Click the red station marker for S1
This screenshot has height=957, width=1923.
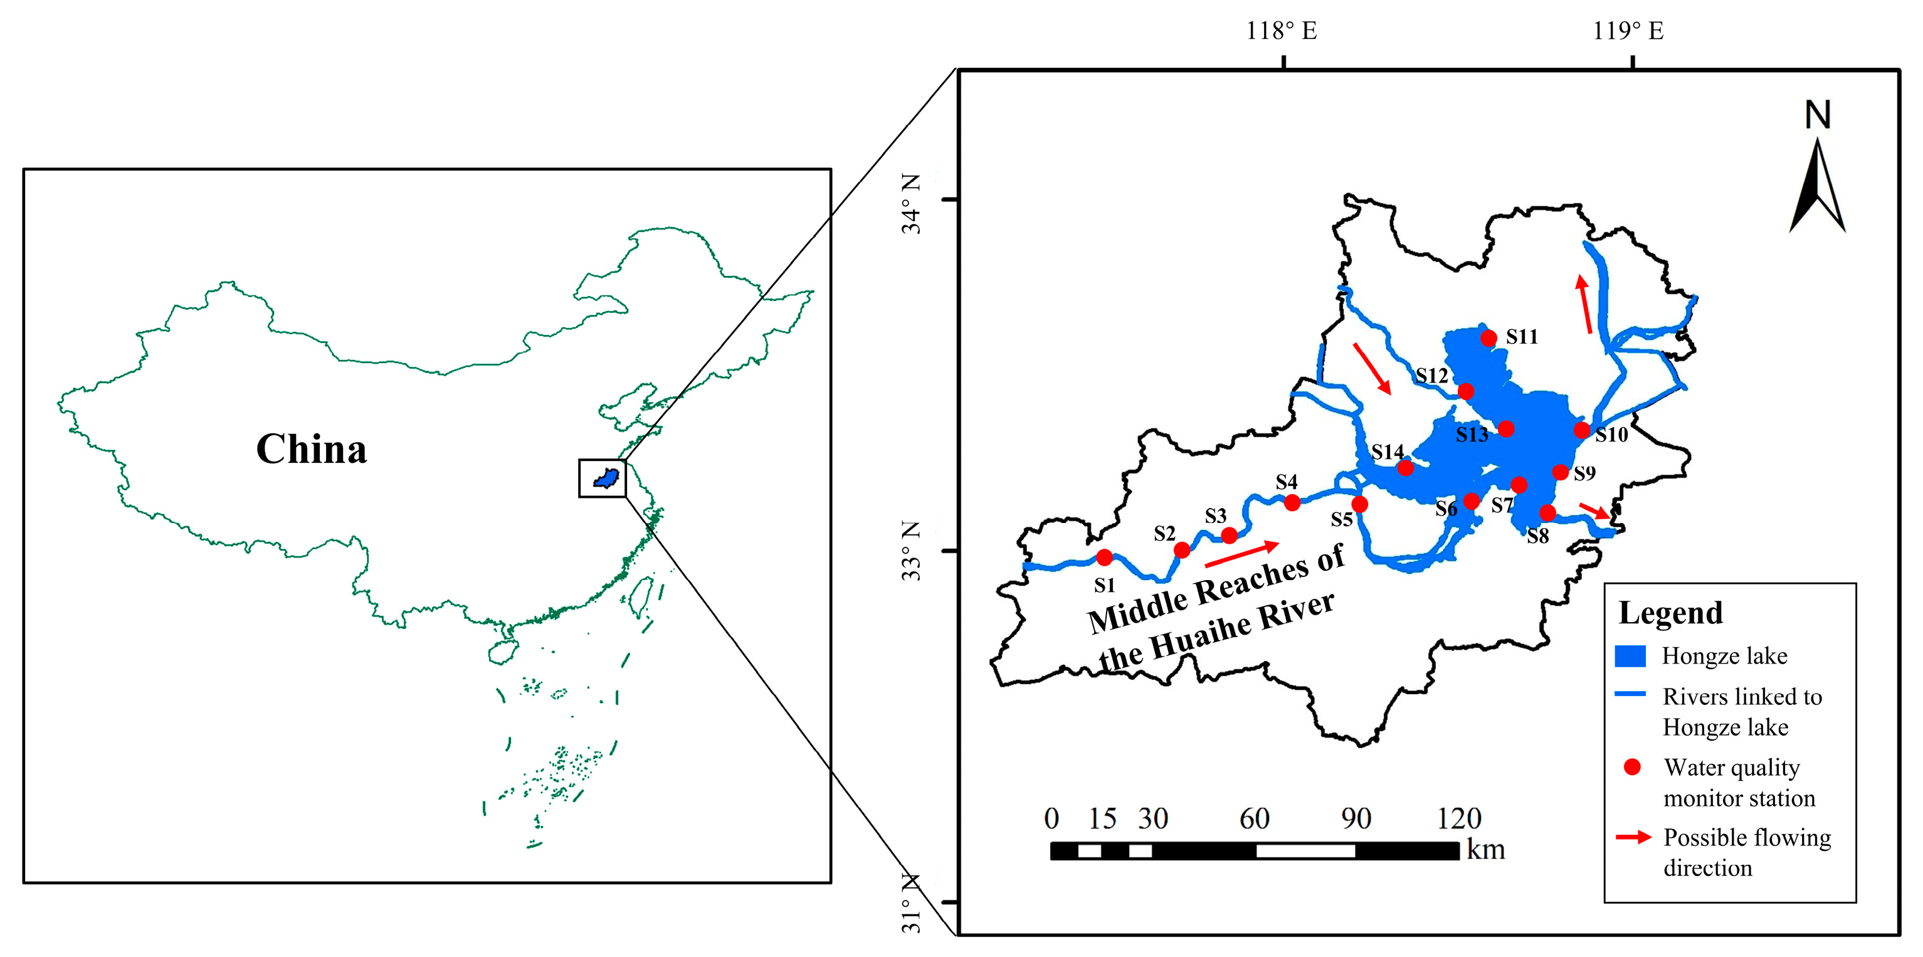[x=1104, y=557]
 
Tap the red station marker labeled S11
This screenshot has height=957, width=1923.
[x=1488, y=338]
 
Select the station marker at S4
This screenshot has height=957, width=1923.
[x=1292, y=502]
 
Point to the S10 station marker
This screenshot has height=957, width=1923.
[x=1582, y=429]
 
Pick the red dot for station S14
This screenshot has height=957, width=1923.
[x=1406, y=468]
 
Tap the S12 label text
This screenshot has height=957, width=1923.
[x=1432, y=376]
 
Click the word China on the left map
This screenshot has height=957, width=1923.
[x=311, y=450]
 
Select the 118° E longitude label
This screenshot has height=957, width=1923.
[x=1281, y=31]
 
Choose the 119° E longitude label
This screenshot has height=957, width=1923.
[x=1628, y=31]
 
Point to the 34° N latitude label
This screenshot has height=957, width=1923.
[x=912, y=204]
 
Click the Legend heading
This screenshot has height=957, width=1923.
[x=1670, y=613]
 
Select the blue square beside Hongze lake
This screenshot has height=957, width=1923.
[x=1630, y=656]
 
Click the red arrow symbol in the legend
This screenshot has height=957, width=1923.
[x=1633, y=837]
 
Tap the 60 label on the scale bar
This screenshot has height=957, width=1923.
[x=1254, y=819]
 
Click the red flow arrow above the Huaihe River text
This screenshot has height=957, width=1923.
[x=1242, y=554]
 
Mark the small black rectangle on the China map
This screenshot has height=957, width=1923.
[x=603, y=478]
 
